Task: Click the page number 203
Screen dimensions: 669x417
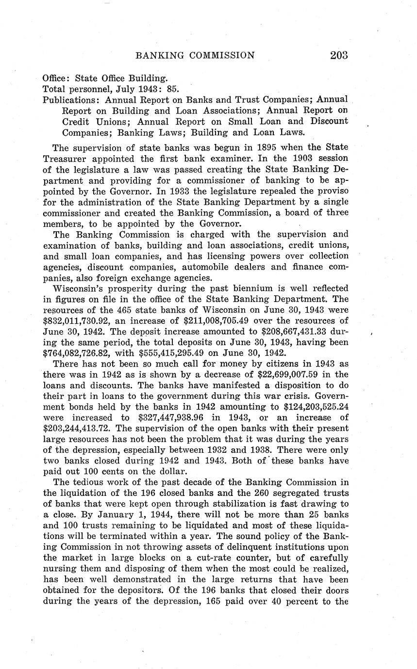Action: (338, 55)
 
